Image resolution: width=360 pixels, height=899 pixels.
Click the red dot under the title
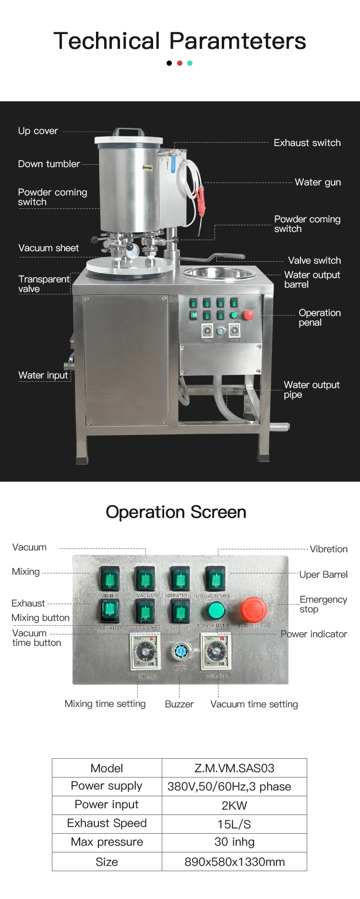[180, 63]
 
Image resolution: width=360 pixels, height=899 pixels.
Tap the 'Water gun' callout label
[318, 182]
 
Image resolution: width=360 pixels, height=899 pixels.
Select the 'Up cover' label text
[38, 131]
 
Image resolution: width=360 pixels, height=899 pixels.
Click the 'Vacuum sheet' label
[48, 248]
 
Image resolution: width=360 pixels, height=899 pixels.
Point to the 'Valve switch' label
[314, 260]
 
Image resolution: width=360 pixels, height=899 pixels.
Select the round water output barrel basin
[221, 273]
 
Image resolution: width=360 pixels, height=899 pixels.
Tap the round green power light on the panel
[216, 610]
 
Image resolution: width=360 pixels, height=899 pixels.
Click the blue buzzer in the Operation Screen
[180, 652]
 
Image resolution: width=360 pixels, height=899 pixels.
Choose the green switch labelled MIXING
[109, 579]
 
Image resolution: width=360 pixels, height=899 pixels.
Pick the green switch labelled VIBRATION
[180, 579]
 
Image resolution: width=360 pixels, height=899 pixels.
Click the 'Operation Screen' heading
[176, 512]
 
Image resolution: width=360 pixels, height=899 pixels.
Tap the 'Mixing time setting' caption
[105, 704]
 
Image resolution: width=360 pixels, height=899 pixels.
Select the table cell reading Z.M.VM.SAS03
[234, 768]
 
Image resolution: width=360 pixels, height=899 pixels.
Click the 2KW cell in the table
[234, 805]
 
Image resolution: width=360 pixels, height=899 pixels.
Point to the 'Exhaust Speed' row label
[107, 823]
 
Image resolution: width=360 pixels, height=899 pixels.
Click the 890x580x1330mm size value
[234, 862]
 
